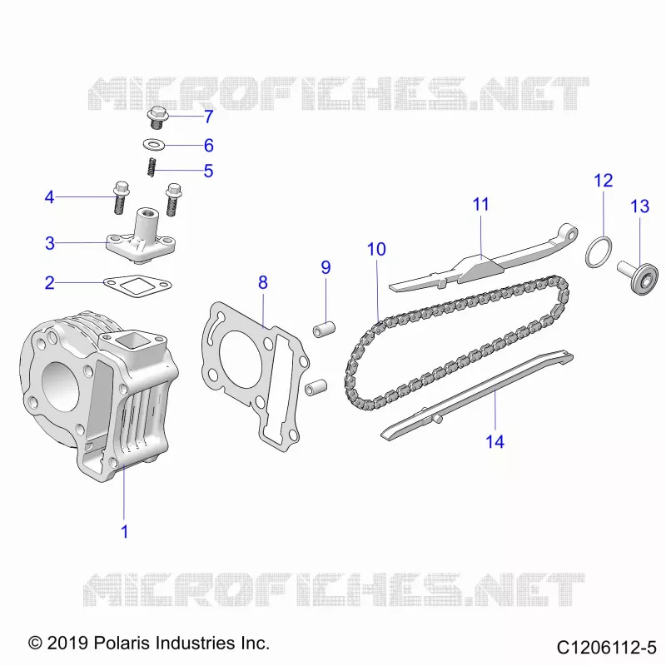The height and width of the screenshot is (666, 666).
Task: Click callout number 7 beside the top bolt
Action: pos(208,117)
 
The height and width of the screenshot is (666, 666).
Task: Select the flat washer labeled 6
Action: pos(154,145)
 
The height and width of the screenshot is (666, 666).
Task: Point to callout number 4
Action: pos(50,197)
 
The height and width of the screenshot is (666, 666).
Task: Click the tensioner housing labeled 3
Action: pos(142,238)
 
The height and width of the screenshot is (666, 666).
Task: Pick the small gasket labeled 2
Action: pos(137,286)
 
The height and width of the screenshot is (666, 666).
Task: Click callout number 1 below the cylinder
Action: pos(124,531)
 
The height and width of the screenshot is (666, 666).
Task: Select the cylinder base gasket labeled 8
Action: pos(255,374)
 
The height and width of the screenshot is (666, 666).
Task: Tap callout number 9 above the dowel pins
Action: pos(326,267)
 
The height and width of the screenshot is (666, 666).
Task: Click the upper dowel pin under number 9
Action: pos(324,329)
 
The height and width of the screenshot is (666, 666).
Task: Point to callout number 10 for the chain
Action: pos(376,249)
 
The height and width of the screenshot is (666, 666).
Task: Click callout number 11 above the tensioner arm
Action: pos(481,204)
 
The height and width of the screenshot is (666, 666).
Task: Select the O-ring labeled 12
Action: pos(599,252)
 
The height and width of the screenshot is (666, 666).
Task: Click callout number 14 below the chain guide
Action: pos(495,442)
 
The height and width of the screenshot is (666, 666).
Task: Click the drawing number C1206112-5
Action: pos(607,648)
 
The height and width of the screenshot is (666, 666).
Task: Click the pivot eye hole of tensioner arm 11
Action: pos(571,234)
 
